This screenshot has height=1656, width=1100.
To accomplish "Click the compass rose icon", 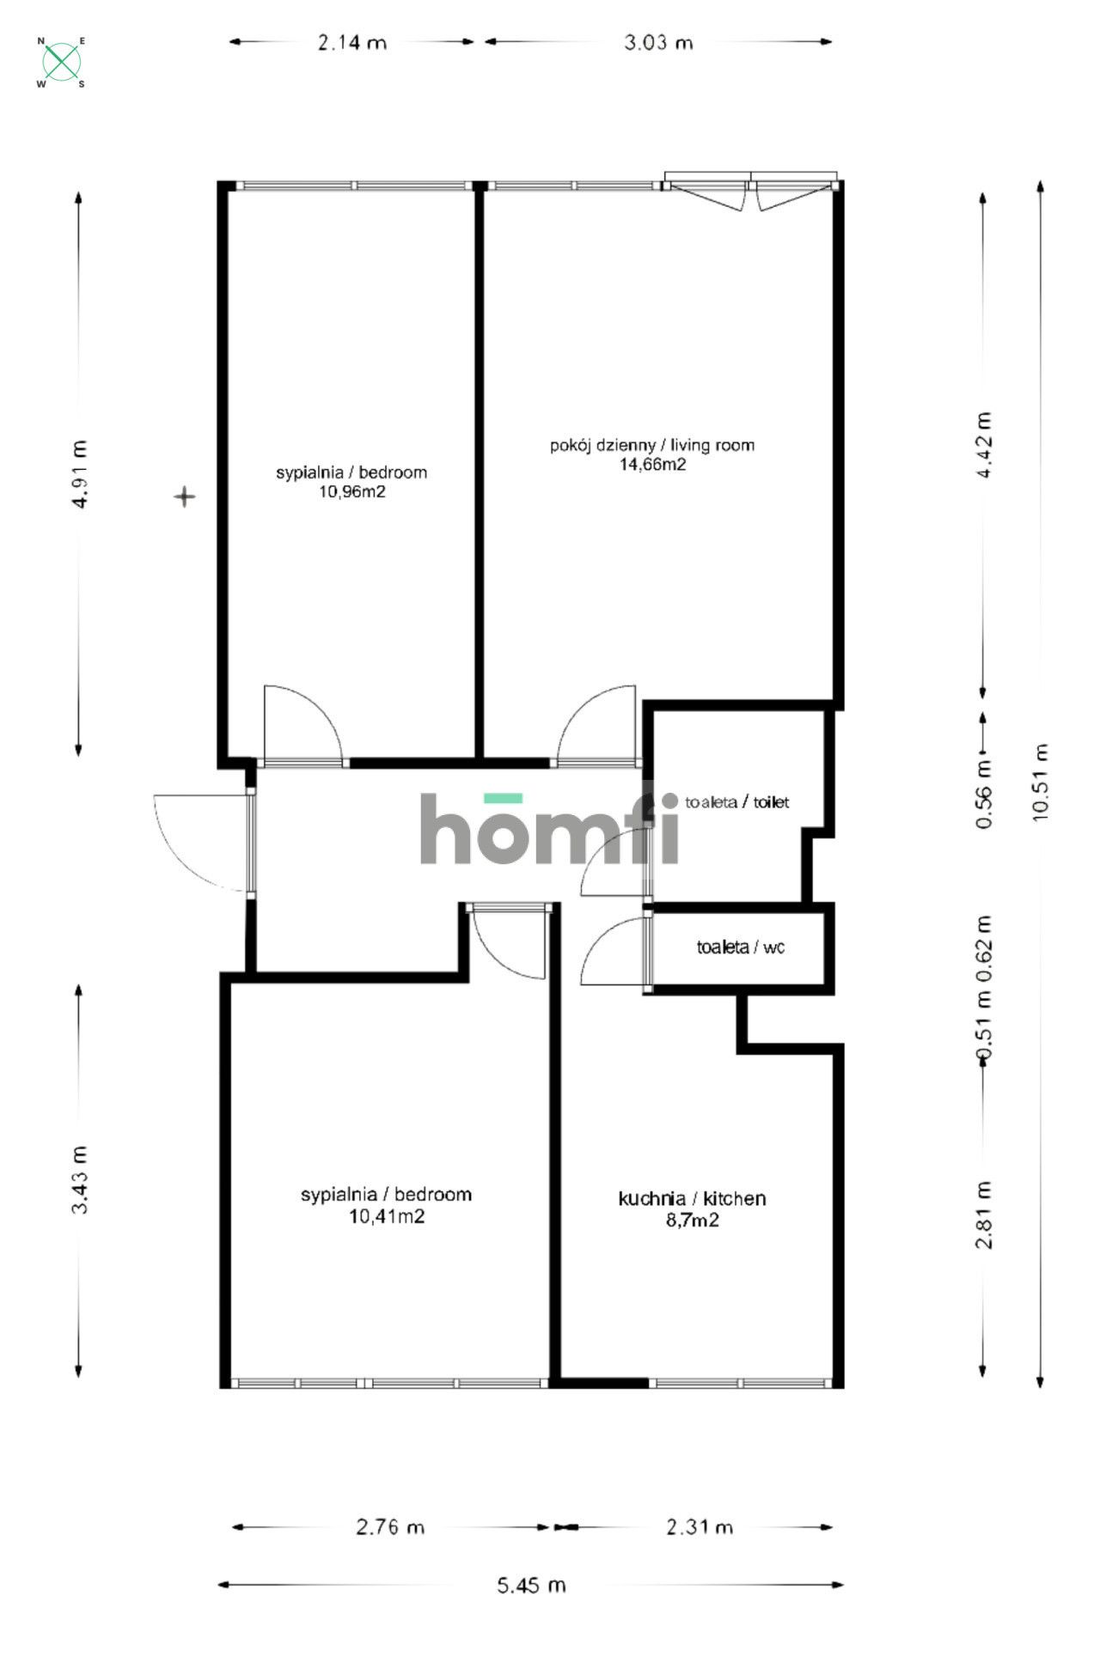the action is click(62, 62).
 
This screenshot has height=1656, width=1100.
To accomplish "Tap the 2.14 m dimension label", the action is click(352, 42).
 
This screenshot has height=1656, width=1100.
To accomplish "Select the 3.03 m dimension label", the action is click(658, 42).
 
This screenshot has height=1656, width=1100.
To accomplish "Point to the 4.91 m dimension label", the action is click(80, 475).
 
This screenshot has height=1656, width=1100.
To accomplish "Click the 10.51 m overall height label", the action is click(1041, 782).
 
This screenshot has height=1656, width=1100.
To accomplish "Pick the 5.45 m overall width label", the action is click(531, 1585).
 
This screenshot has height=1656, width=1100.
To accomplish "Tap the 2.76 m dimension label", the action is click(390, 1526).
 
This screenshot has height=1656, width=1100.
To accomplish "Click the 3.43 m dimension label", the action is click(80, 1179).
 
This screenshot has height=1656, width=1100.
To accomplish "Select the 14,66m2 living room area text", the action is click(653, 465).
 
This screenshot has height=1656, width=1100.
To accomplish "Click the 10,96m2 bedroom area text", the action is click(351, 492).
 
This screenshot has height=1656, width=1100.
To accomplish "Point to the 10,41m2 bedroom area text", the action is click(386, 1216).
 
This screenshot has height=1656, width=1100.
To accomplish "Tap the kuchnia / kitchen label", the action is click(692, 1198).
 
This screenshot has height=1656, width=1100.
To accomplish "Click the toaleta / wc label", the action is click(740, 947).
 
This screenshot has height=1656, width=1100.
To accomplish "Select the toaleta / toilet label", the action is click(736, 802).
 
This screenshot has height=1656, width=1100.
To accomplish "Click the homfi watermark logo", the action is click(550, 828).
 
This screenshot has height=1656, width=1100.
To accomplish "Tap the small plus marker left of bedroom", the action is click(185, 496).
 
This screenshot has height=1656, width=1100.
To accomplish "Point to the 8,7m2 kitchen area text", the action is click(692, 1220).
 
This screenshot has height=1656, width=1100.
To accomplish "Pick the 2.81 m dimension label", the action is click(984, 1215).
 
